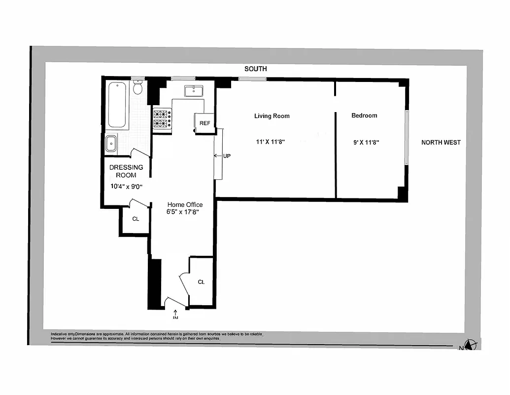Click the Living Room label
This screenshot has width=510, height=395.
[x=272, y=116]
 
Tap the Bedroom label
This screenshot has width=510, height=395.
[x=364, y=116]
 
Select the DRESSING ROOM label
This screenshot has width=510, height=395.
[x=126, y=171]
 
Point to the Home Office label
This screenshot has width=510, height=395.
[x=185, y=204]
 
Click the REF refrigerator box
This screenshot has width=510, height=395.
[x=204, y=123]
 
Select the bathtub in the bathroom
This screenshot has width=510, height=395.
[x=117, y=105]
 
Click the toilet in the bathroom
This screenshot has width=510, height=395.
[x=138, y=88]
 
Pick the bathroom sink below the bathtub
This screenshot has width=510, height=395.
[x=111, y=144]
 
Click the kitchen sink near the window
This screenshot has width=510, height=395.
[x=194, y=91]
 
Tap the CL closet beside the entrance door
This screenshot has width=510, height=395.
[x=201, y=282]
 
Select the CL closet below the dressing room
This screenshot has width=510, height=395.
[x=136, y=219]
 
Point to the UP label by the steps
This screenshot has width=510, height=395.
[x=226, y=156]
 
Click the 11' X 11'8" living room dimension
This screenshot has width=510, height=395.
[x=271, y=142]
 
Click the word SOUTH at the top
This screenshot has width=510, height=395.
[x=256, y=69]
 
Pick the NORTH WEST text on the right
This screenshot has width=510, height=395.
[x=441, y=142]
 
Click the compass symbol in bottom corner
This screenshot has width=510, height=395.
[x=472, y=345]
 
